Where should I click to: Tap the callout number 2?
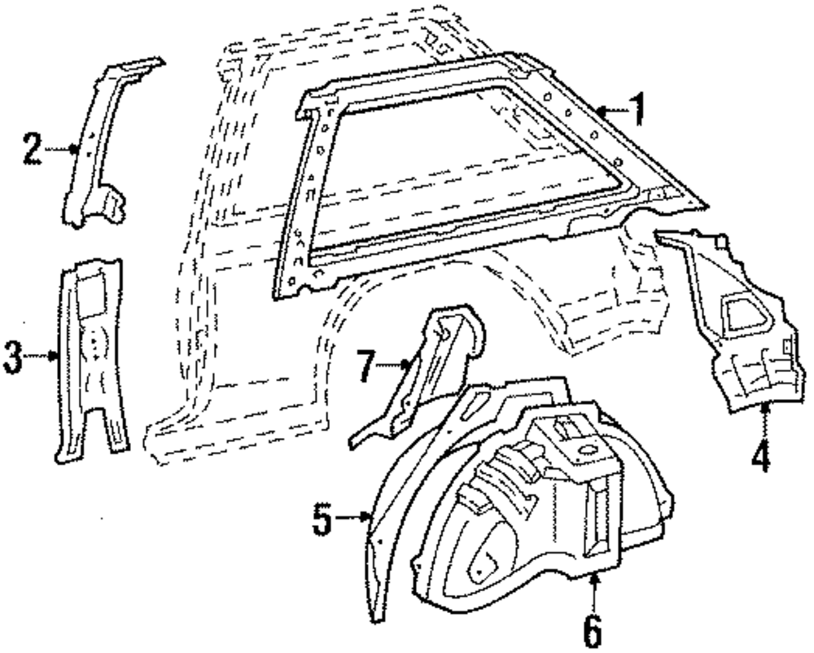(32, 149)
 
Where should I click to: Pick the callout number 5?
(322, 518)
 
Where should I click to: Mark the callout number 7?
(366, 366)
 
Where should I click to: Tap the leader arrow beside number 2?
(61, 149)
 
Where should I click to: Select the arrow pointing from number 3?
(41, 355)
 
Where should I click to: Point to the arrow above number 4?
(765, 419)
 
